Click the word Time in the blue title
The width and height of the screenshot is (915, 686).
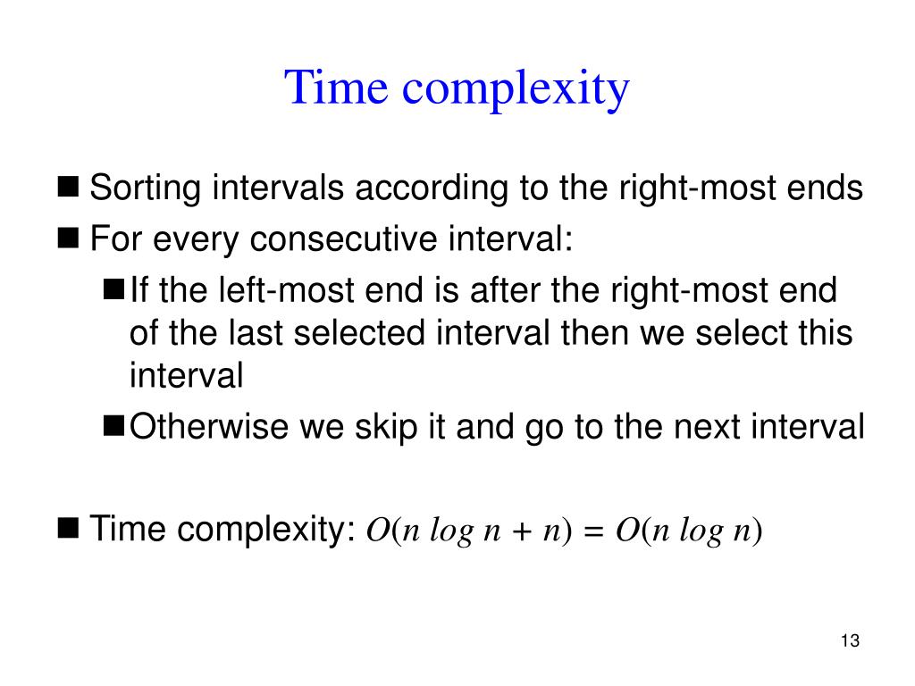(337, 88)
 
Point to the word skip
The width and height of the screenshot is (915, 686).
(387, 427)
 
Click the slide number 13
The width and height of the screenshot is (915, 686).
(850, 641)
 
